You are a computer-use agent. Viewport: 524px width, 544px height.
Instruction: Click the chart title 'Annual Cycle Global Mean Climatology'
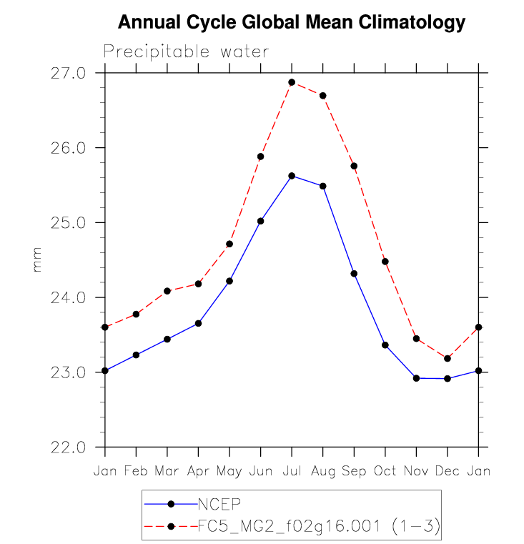coord(291,23)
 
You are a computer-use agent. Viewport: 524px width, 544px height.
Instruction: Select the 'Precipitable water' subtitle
coord(186,51)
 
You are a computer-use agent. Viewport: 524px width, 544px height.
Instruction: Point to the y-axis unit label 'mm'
coord(37,259)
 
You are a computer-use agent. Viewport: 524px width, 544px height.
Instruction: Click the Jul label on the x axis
coord(292,472)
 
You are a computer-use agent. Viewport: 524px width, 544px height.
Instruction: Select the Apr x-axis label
coord(198,472)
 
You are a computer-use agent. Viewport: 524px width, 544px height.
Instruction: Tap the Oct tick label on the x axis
coord(385,472)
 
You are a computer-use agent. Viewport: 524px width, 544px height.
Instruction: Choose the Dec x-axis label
coord(447,472)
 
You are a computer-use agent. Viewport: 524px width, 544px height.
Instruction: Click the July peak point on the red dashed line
coord(292,82)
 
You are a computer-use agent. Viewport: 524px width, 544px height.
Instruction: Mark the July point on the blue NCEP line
coord(292,176)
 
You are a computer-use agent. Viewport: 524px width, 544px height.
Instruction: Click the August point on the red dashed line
coord(323,96)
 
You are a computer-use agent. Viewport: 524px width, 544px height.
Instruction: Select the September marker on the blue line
coord(354,274)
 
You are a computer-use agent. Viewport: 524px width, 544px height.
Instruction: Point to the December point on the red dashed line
coord(448,359)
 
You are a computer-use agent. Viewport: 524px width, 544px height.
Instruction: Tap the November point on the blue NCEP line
coord(416,378)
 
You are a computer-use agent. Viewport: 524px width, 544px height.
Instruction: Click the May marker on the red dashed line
coord(229,244)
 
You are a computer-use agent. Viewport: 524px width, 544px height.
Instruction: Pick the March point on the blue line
coord(167,339)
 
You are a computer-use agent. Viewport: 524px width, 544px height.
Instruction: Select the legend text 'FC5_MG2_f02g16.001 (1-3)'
coord(317,527)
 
